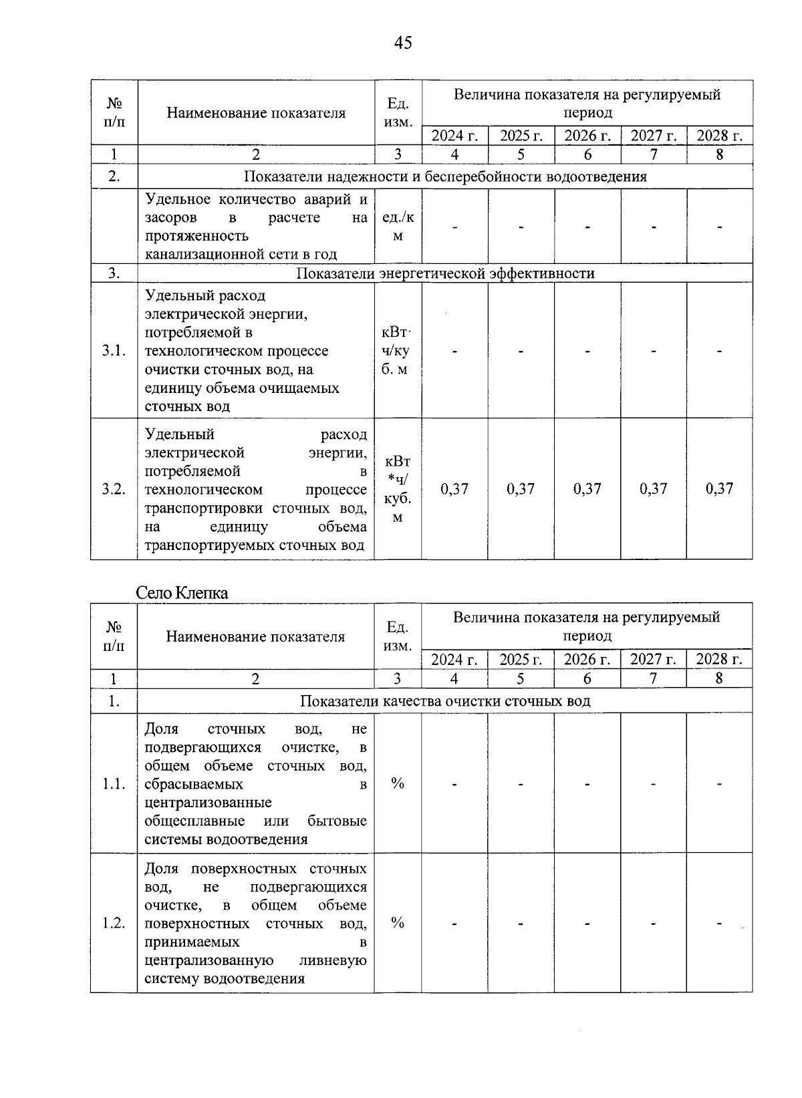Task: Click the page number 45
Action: [x=403, y=43]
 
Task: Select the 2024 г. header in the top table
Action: [x=454, y=136]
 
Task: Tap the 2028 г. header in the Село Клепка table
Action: [x=719, y=660]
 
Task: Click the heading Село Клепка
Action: [x=182, y=593]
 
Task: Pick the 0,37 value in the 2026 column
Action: [x=587, y=489]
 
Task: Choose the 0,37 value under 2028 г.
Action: [x=719, y=489]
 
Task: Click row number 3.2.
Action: [x=114, y=489]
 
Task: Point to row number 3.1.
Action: [x=114, y=351]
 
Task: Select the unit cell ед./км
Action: [x=398, y=227]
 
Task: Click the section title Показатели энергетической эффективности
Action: [x=445, y=273]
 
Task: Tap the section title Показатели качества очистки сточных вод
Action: [x=445, y=701]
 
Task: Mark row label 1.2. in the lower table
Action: [x=114, y=924]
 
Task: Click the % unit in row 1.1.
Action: [x=398, y=784]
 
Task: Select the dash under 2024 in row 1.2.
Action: [x=454, y=924]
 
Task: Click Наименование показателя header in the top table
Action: [x=256, y=113]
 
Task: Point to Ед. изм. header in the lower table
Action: [x=398, y=636]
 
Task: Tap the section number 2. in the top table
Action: [x=114, y=177]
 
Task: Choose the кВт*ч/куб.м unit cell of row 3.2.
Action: [x=398, y=489]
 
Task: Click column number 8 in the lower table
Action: [x=719, y=679]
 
